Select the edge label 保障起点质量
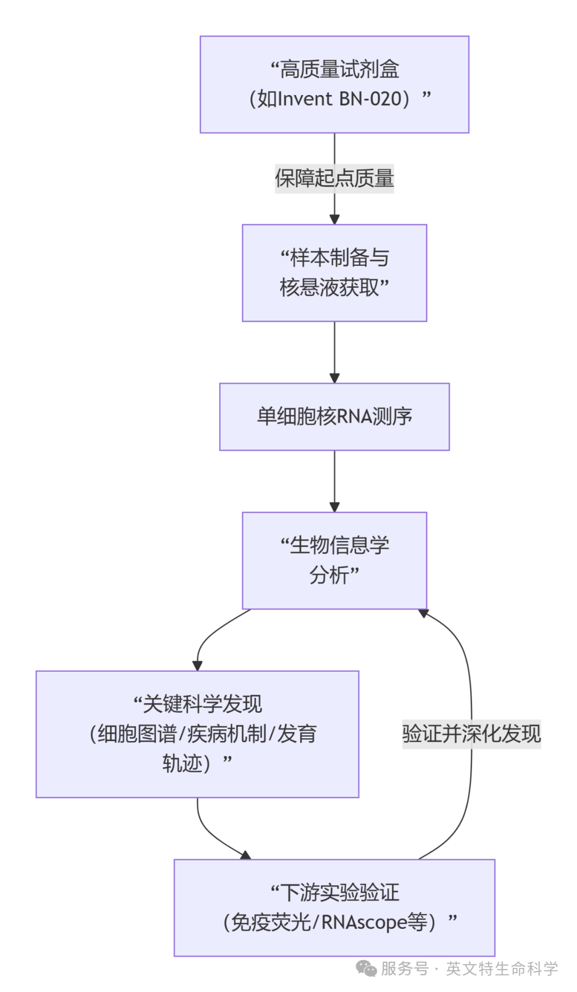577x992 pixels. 334,178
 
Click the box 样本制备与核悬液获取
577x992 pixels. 334,273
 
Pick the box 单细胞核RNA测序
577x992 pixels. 334,416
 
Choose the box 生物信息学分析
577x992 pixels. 334,560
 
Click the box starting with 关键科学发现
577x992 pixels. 197,734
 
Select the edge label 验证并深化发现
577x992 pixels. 471,734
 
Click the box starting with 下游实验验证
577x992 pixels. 334,907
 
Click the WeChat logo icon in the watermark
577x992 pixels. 367,968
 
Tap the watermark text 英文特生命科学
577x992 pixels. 502,968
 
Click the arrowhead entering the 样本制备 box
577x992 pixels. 334,219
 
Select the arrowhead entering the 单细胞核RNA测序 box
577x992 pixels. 334,378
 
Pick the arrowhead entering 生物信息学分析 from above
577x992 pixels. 334,507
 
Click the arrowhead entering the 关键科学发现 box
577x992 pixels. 197,666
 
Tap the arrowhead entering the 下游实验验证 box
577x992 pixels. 245,855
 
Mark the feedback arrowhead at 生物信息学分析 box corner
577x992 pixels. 424,613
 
